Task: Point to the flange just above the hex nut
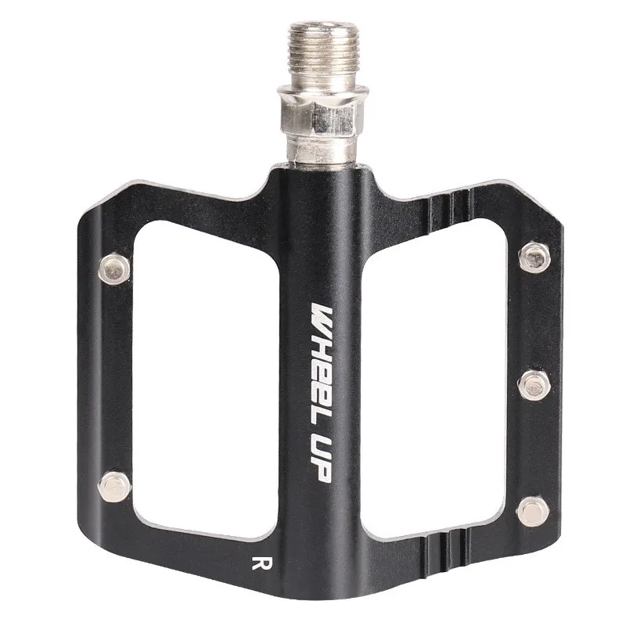pyautogui.click(x=323, y=91)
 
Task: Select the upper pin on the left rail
pyautogui.click(x=114, y=268)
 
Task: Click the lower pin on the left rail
pyautogui.click(x=114, y=487)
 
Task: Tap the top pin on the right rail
pyautogui.click(x=534, y=257)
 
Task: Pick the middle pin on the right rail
pyautogui.click(x=534, y=385)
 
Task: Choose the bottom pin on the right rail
pyautogui.click(x=533, y=512)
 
